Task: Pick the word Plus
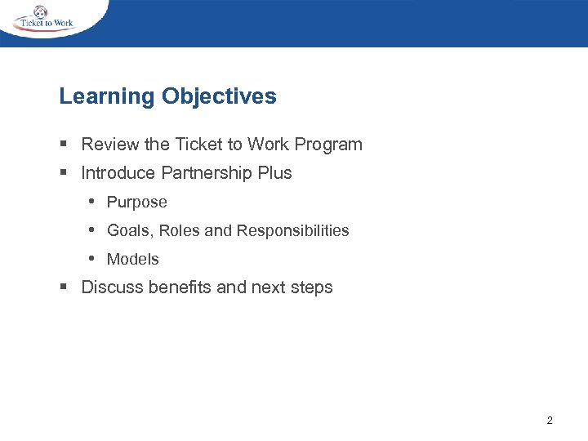276,173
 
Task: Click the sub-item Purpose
137,203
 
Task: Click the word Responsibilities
292,231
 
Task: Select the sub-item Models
133,260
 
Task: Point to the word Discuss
113,287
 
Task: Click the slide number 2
549,421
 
